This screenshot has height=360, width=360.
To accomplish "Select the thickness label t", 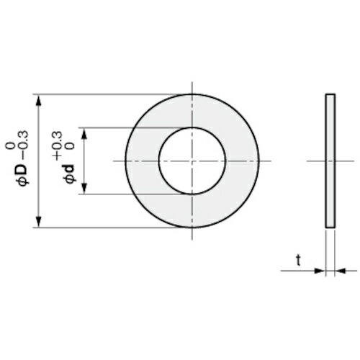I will pos(297,261).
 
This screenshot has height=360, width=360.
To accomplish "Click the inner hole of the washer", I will pos(192,161).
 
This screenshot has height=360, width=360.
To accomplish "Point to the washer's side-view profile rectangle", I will pos(330,161).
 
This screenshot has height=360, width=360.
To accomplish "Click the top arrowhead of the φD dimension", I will pos(38,99).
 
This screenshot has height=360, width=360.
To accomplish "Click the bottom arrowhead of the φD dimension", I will pos(38,222).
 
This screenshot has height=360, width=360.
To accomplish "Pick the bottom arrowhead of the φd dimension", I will pos(86,189).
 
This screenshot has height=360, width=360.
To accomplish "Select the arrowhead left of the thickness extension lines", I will pos(319,271).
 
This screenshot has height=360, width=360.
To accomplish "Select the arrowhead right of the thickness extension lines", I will pos(341,271).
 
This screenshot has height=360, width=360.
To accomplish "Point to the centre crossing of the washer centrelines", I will pos(192,161).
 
